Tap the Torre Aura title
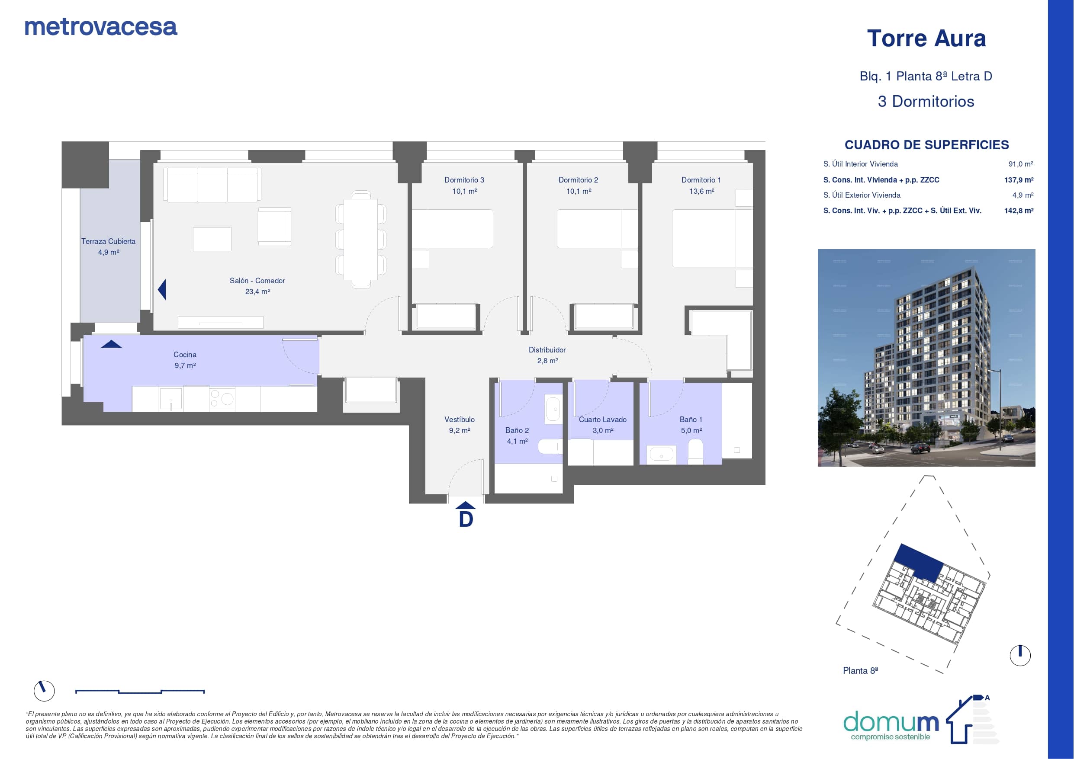926,38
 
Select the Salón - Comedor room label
257,281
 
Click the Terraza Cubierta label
109,241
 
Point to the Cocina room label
185,355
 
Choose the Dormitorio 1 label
701,180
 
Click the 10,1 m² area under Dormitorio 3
464,191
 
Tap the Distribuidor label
547,350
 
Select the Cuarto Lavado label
602,420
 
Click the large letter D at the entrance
466,519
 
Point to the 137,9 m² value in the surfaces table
1019,180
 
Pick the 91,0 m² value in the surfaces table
1021,164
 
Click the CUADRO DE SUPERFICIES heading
926,145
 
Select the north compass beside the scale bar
45,691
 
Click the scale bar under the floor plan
140,691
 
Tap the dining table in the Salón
360,239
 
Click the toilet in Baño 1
695,451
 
